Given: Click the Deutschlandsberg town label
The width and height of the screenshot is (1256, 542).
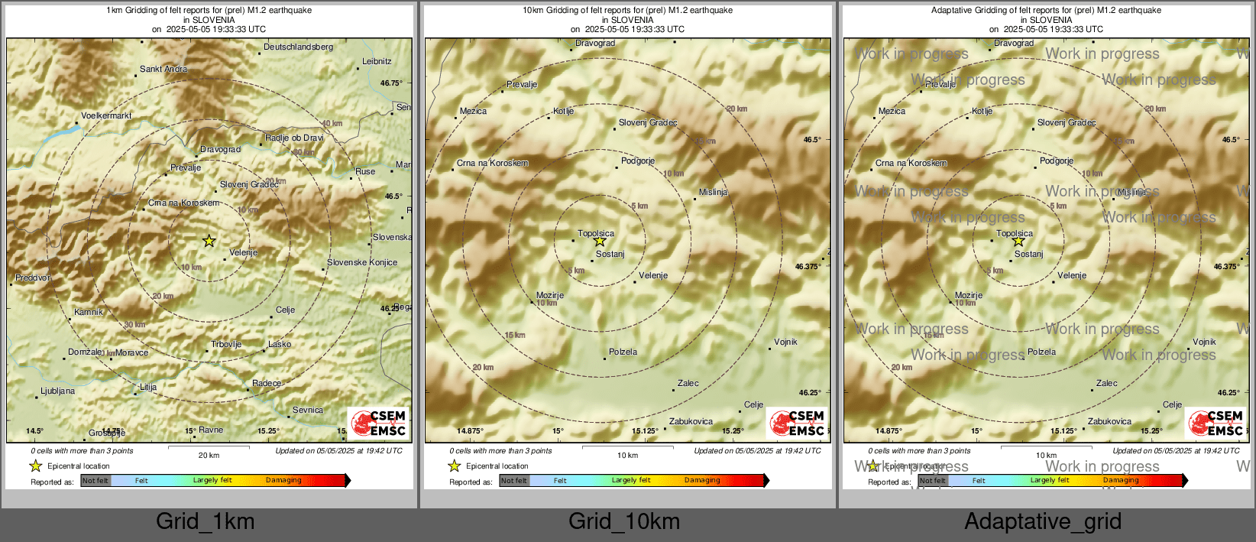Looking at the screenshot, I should pos(298,47).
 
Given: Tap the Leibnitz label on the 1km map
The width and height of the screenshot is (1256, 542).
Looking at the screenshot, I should pos(377,62).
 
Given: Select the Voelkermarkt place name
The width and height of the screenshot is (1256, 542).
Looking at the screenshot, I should pos(106,116).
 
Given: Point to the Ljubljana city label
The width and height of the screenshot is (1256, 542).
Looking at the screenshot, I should pos(58,391).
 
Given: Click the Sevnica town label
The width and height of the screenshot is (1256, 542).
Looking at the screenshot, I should pos(307,411).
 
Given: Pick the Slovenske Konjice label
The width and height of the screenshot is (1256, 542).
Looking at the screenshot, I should pos(362,263).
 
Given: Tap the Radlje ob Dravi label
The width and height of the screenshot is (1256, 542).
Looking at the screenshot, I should pos(294,138).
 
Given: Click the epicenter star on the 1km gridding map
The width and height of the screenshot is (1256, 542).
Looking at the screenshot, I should pos(209,241).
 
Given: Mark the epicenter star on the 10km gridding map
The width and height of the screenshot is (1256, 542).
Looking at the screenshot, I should pos(600,242).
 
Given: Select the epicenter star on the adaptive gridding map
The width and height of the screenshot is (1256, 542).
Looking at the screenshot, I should pos(1018,242).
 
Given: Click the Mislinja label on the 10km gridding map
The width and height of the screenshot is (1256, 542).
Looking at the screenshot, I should pos(713,193).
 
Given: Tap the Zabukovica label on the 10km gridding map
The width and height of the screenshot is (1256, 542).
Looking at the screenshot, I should pos(691,422).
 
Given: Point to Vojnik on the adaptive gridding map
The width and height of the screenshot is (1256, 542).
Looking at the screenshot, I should pos(1204,342).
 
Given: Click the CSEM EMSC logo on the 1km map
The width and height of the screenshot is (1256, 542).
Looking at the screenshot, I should pos(378,423).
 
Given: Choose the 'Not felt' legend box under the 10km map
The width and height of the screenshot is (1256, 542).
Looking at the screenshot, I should pos(514,481).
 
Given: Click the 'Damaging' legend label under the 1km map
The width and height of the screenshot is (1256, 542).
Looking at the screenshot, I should pos(283,481).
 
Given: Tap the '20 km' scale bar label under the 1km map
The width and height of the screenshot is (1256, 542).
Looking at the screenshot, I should pos(209,456).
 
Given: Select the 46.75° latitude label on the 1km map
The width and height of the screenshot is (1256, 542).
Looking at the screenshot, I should pos(391,83).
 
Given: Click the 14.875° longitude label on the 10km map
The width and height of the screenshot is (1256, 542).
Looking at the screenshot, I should pos(471,431).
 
